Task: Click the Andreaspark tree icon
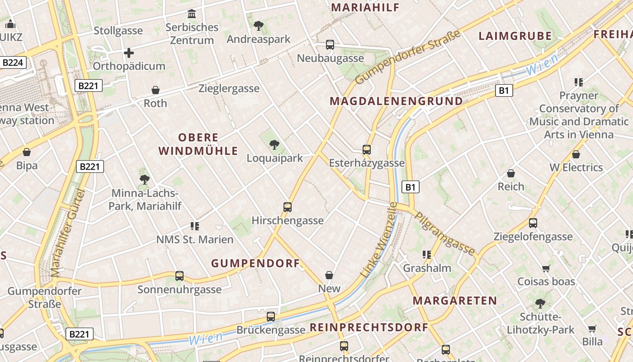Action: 258,26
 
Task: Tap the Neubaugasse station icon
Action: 330,45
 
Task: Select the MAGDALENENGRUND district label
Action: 396,101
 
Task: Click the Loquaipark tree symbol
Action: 274,145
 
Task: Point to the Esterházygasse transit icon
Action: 367,150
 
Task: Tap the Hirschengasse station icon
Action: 288,207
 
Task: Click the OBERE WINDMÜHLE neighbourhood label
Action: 198,144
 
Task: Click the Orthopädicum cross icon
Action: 129,53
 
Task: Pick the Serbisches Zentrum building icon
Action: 192,14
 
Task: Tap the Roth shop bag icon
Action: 156,90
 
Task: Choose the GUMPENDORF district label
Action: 255,263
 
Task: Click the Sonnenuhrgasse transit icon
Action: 180,276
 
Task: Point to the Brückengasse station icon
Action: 271,317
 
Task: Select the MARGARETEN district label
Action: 454,300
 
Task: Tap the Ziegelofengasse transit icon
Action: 533,223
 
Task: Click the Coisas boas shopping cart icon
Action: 546,268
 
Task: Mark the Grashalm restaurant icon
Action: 426,255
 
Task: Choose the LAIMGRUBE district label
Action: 515,36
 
